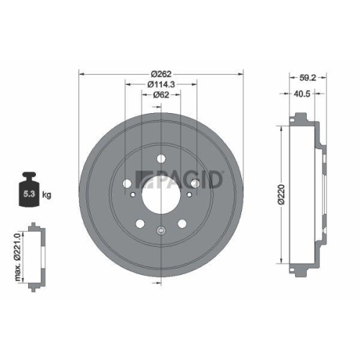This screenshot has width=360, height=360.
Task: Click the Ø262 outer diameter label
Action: tap(160, 72)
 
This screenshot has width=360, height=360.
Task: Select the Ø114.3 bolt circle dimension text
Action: tap(160, 84)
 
